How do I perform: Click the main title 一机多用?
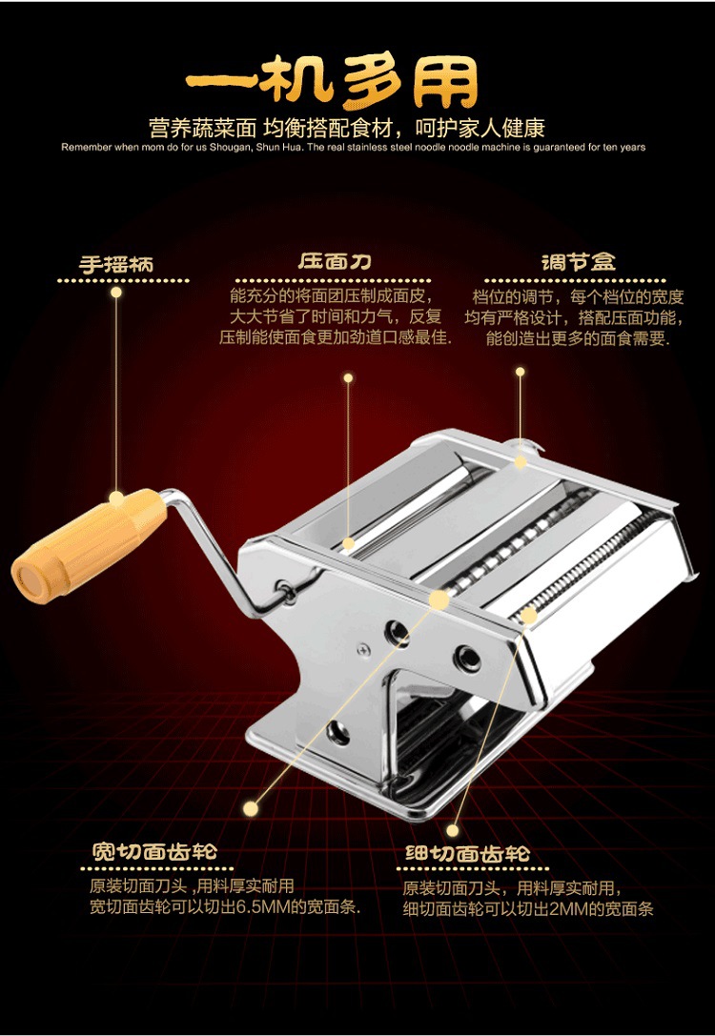click(332, 81)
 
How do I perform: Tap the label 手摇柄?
click(116, 265)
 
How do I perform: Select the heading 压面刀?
click(334, 262)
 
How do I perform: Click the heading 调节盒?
click(579, 262)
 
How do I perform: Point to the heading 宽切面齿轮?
click(154, 851)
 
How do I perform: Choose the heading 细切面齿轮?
click(467, 854)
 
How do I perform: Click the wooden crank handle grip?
click(90, 544)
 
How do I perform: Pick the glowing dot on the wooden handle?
click(116, 498)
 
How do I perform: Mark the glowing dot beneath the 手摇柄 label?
click(116, 292)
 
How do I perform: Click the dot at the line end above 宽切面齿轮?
click(251, 808)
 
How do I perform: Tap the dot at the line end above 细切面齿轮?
click(453, 830)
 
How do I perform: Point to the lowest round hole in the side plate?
click(338, 731)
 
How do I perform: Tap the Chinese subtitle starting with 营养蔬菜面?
click(346, 127)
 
